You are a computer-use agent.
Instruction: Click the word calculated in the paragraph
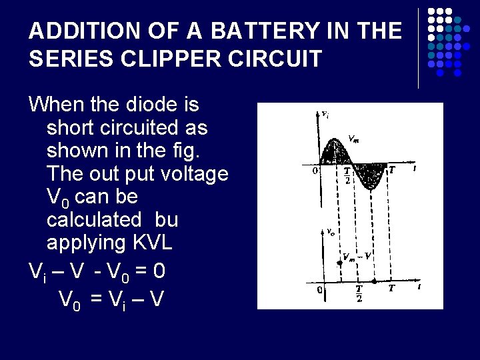point(93,219)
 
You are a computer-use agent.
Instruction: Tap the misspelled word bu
point(166,219)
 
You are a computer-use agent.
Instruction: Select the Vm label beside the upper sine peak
point(355,139)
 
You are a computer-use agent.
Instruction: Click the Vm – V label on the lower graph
point(357,257)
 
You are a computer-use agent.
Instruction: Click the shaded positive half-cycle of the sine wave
point(333,153)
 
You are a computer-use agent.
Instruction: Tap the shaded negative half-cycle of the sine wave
point(367,175)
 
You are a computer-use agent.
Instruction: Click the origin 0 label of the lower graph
point(321,290)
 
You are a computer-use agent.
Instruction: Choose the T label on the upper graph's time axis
point(392,170)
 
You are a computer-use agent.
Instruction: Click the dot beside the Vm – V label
point(340,263)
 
